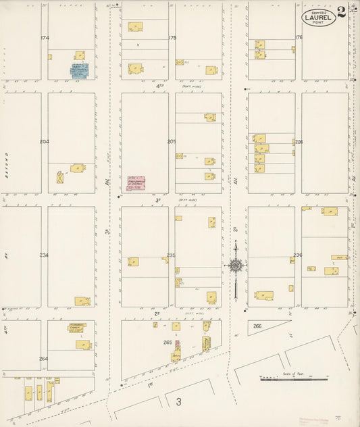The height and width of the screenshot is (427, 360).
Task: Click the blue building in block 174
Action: (x=80, y=71)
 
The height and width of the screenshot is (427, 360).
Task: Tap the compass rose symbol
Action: (x=235, y=266)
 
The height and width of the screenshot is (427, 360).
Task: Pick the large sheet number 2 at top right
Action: (x=342, y=12)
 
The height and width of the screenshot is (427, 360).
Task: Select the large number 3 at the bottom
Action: (x=179, y=403)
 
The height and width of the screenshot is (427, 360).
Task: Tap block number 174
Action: (x=45, y=37)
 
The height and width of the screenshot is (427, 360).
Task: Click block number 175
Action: (x=172, y=38)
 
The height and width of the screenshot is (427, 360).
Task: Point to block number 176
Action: (x=298, y=38)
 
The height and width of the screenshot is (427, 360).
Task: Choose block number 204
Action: (x=45, y=142)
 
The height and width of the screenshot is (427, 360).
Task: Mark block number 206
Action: (x=298, y=142)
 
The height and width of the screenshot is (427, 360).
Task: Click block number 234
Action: (x=45, y=255)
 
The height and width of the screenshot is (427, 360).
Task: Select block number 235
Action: (x=172, y=255)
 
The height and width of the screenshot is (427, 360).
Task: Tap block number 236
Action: (x=298, y=255)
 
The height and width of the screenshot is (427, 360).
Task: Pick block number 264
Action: (x=45, y=359)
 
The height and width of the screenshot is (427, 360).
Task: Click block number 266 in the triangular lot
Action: (x=257, y=326)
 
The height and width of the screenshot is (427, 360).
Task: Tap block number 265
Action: (x=168, y=343)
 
